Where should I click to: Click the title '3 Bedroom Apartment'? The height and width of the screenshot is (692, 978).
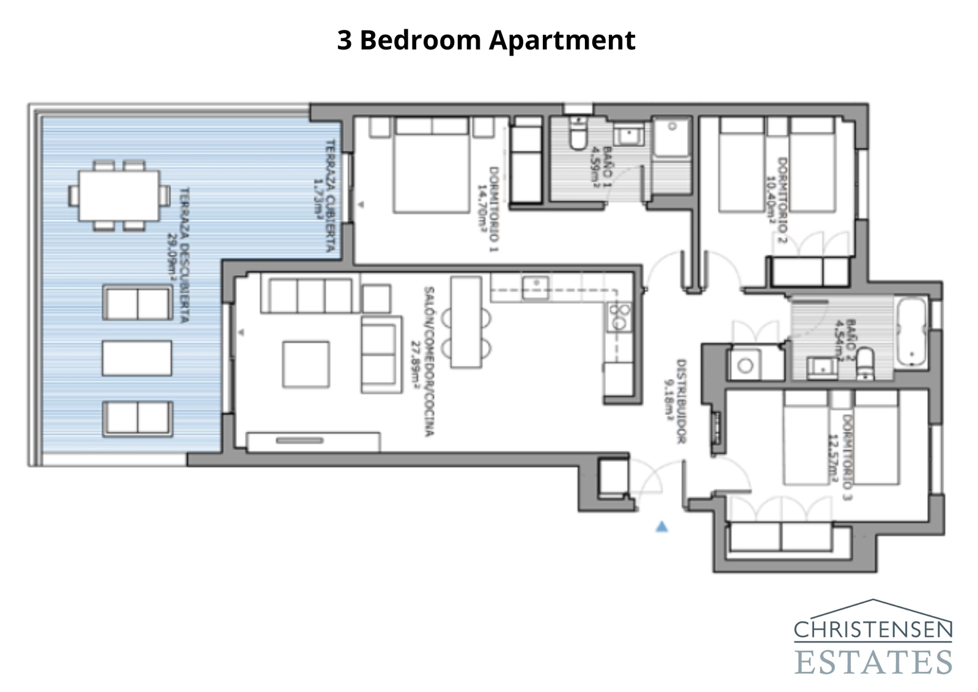pyautogui.click(x=486, y=40)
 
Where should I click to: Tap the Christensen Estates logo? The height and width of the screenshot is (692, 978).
pyautogui.click(x=873, y=638)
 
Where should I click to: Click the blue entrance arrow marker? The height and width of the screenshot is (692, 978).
pyautogui.click(x=661, y=526)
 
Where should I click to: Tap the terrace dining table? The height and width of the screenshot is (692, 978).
pyautogui.click(x=119, y=196)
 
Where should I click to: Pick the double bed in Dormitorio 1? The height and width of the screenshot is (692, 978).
pyautogui.click(x=431, y=165)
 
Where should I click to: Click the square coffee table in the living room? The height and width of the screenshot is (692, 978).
pyautogui.click(x=306, y=364)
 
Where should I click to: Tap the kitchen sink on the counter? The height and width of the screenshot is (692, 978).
pyautogui.click(x=535, y=288)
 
